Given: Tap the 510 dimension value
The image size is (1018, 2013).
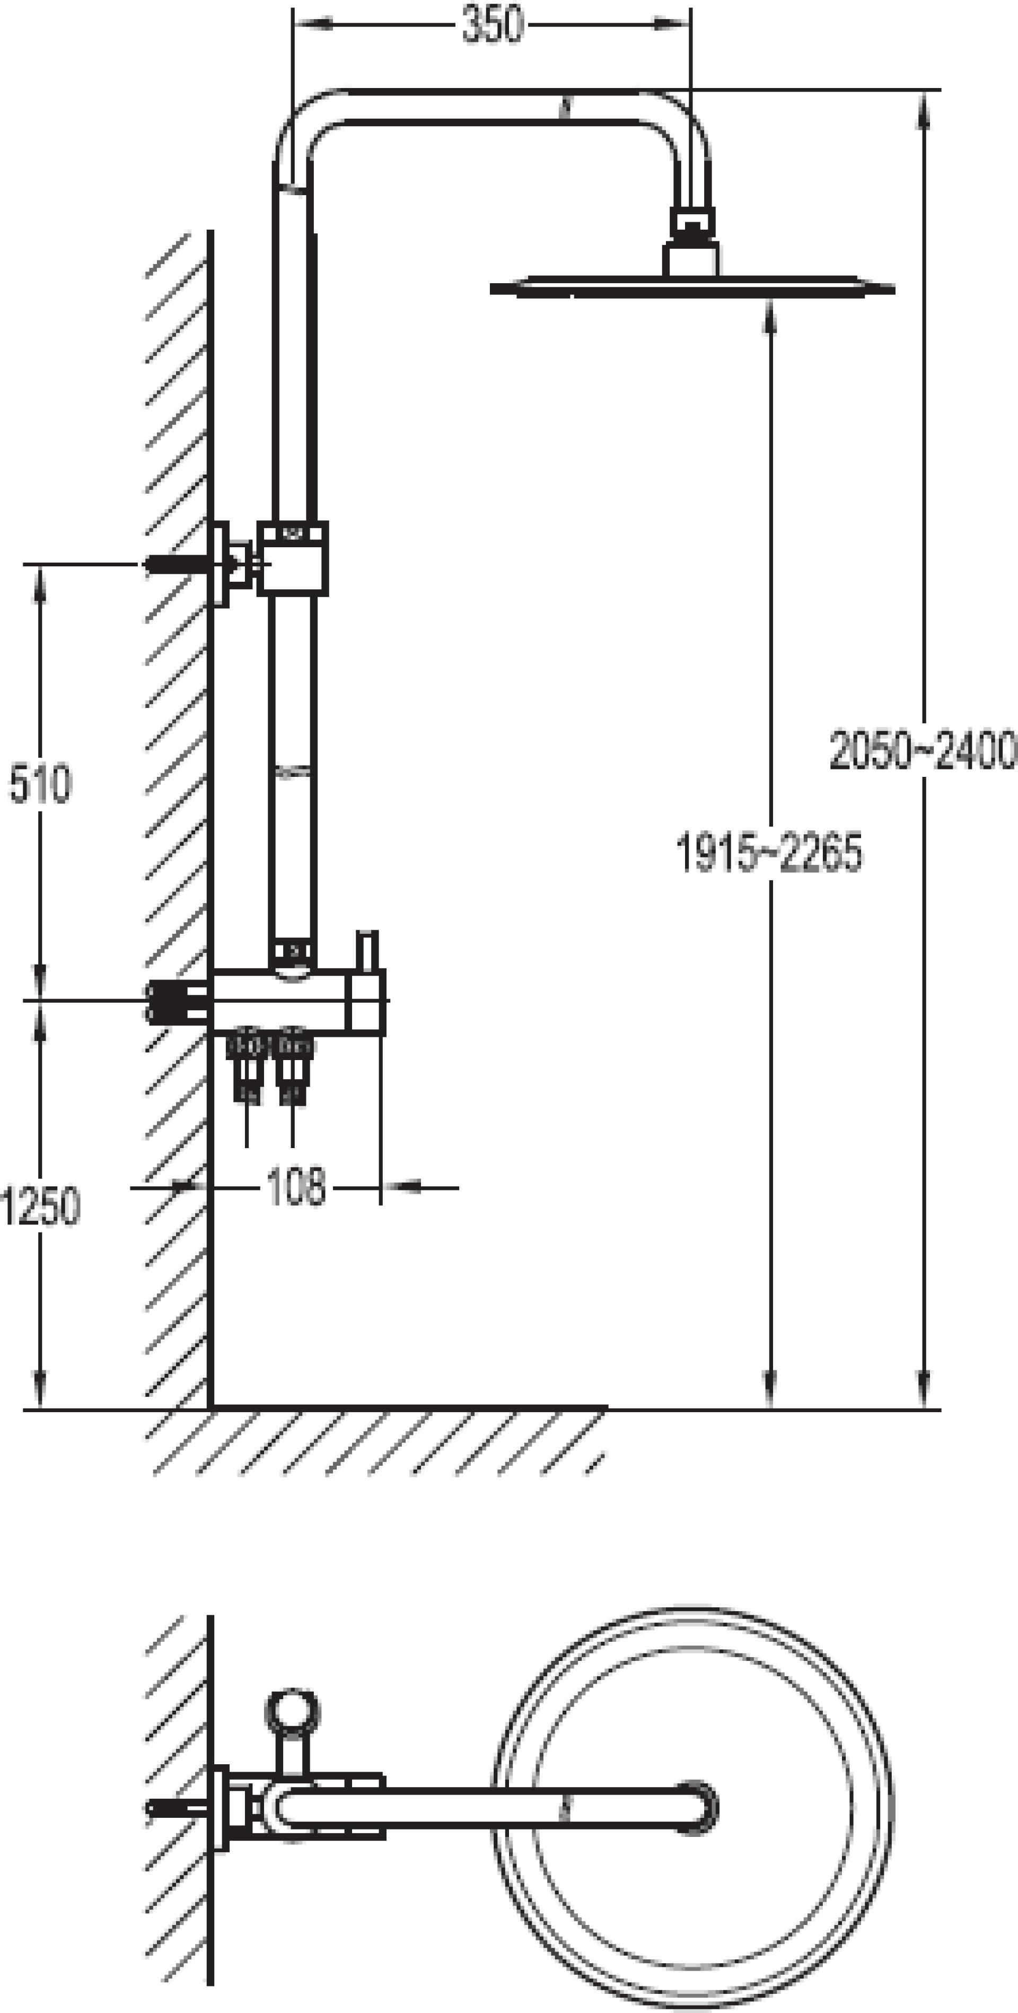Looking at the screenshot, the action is [x=40, y=784].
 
